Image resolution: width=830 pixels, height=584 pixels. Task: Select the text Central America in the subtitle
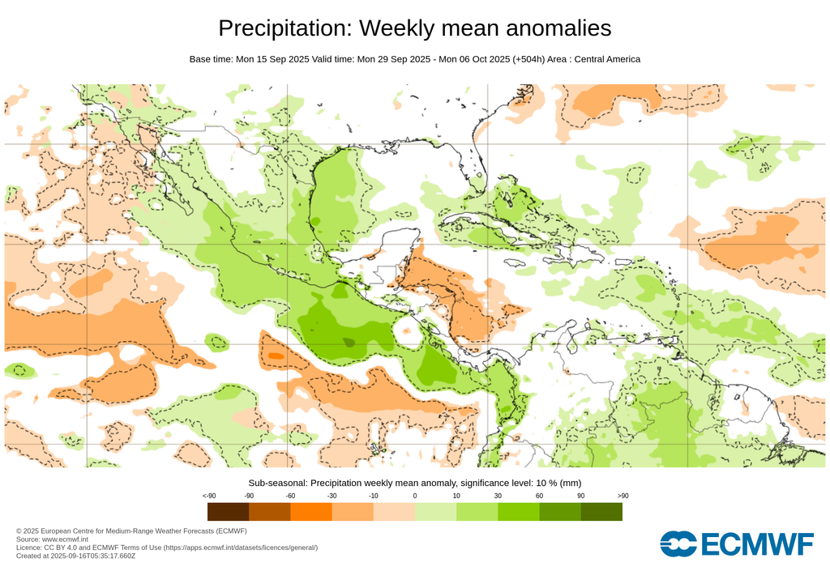607,59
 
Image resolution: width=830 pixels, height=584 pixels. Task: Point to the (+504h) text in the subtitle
531,59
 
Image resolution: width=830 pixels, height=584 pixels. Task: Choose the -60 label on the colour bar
290,496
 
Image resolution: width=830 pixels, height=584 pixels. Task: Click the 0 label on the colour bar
414,496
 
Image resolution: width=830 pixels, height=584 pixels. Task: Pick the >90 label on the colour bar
622,496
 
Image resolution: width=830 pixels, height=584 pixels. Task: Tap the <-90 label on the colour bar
208,496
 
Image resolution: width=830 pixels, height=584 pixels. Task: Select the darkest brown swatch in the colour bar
228,512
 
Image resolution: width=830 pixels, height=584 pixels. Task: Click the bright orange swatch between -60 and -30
310,512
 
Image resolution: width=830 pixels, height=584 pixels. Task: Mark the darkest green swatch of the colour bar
601,512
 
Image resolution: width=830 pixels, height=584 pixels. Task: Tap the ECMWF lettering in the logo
756,544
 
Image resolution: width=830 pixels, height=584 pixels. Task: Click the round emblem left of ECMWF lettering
678,544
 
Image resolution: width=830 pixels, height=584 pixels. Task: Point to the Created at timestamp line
75,556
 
